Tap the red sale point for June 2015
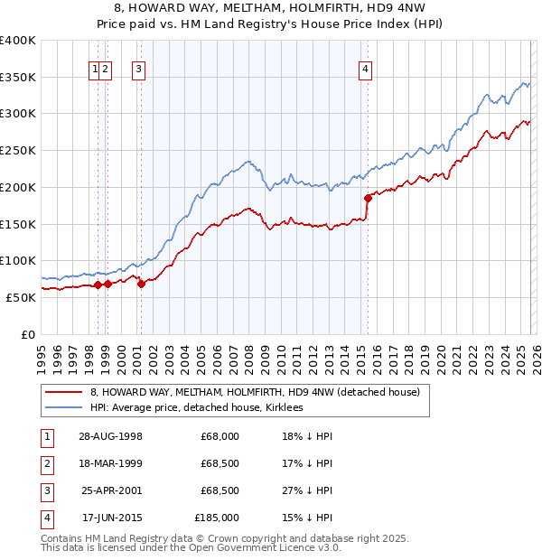[367, 197]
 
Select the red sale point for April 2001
[141, 284]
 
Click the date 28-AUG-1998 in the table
[110, 436]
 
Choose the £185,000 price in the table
[217, 518]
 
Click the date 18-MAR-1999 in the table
[110, 463]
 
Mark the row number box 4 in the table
[45, 518]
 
